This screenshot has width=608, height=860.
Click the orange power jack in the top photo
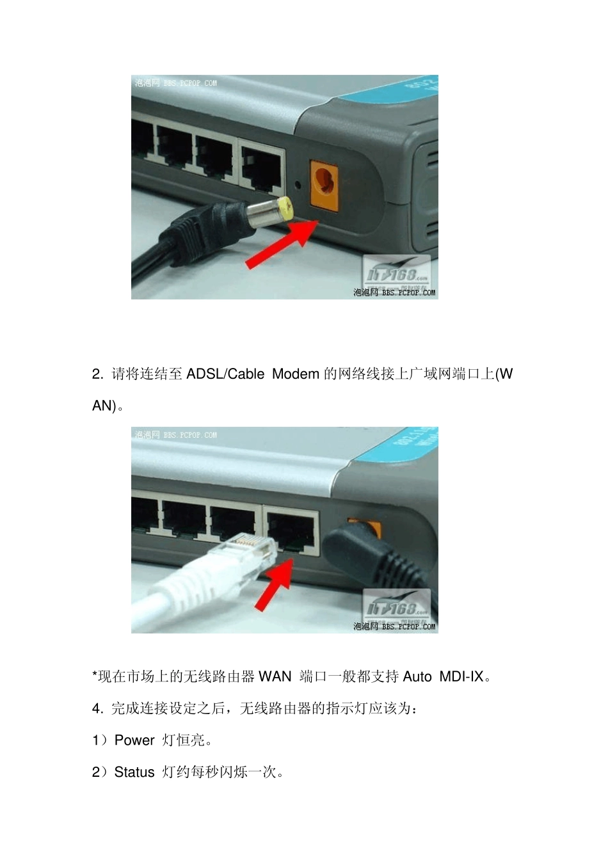[324, 184]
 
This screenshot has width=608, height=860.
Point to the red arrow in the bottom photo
[274, 584]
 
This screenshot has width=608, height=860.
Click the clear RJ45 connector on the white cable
[252, 550]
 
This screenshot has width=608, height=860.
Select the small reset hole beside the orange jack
[297, 186]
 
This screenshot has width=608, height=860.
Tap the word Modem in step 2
[295, 374]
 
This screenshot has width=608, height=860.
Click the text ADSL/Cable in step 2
[225, 374]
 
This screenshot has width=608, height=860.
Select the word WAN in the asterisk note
[275, 676]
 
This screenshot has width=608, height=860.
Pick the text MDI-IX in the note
[461, 676]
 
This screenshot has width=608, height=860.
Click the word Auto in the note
[417, 676]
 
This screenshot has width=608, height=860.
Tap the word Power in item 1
[134, 740]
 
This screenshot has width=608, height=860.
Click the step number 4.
[97, 708]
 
